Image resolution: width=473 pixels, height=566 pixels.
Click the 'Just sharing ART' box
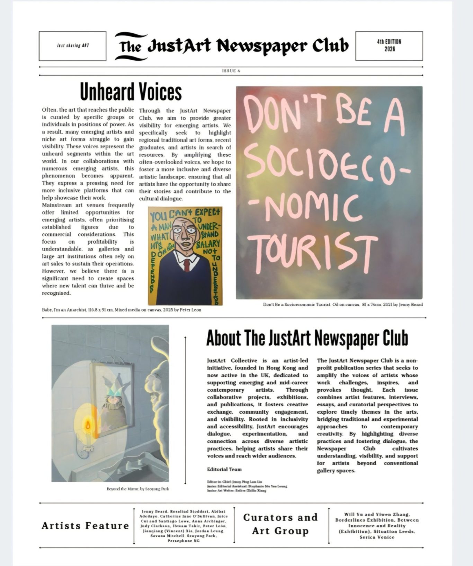click(x=72, y=46)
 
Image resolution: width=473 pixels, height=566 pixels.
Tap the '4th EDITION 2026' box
click(x=389, y=45)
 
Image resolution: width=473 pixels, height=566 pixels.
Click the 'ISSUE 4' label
click(x=231, y=71)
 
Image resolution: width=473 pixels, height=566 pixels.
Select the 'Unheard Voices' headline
click(x=131, y=92)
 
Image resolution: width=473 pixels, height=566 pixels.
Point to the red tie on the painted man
click(x=187, y=265)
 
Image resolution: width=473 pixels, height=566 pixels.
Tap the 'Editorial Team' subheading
click(x=224, y=469)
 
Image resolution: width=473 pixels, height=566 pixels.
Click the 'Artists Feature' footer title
click(x=85, y=526)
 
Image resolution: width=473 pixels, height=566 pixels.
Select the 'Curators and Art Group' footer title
click(x=280, y=524)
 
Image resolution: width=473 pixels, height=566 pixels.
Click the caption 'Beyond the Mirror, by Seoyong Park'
click(x=137, y=489)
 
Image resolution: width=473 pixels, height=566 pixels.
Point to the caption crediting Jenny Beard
click(x=342, y=305)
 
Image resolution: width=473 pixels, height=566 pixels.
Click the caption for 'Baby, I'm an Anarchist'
click(x=122, y=310)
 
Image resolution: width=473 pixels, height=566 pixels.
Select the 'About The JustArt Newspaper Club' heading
click(x=307, y=338)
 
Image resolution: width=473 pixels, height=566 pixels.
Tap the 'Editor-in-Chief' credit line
click(x=234, y=482)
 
